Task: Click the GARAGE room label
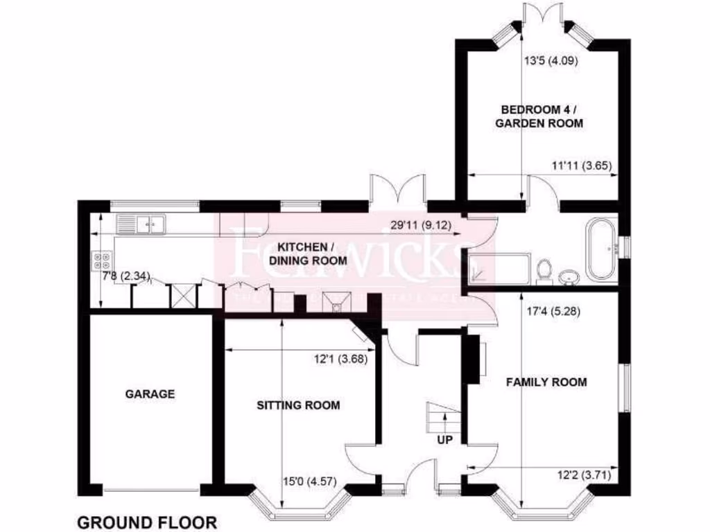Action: pyautogui.click(x=150, y=394)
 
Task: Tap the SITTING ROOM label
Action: pyautogui.click(x=298, y=405)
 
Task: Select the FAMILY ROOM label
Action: pyautogui.click(x=546, y=382)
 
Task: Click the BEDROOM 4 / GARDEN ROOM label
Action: pyautogui.click(x=542, y=116)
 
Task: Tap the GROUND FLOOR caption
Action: pyautogui.click(x=146, y=522)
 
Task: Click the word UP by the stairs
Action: pyautogui.click(x=444, y=439)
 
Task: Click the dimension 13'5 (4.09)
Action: pyautogui.click(x=551, y=60)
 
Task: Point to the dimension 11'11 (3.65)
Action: pyautogui.click(x=581, y=166)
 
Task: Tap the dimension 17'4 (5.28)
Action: pyautogui.click(x=553, y=311)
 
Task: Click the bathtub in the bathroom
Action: pyautogui.click(x=601, y=250)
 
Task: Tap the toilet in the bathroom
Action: pyautogui.click(x=544, y=271)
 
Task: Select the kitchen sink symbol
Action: pyautogui.click(x=141, y=224)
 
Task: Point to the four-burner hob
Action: pyautogui.click(x=101, y=260)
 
